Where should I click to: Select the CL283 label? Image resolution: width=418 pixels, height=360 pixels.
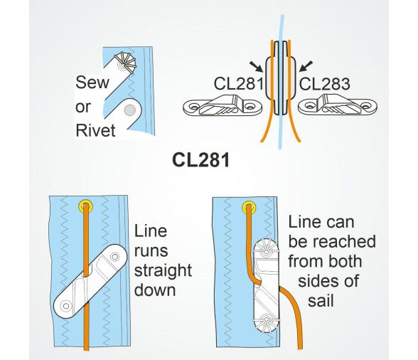pyautogui.click(x=325, y=84)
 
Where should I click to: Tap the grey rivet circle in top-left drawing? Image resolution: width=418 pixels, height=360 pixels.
pyautogui.click(x=129, y=110)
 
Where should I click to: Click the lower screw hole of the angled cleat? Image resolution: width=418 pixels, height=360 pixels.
pyautogui.click(x=66, y=307)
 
